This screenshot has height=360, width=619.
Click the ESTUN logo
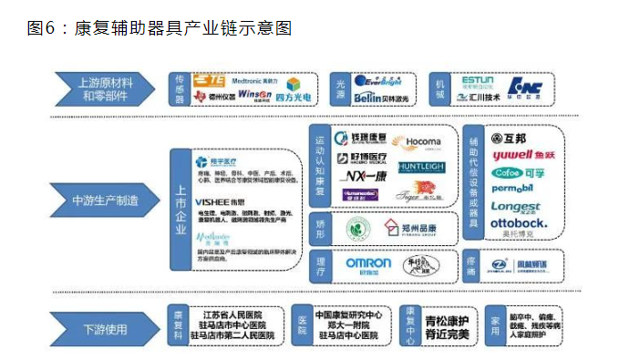click(x=478, y=80)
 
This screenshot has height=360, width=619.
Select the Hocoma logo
click(x=422, y=142)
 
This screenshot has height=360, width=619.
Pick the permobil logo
click(x=518, y=189)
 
